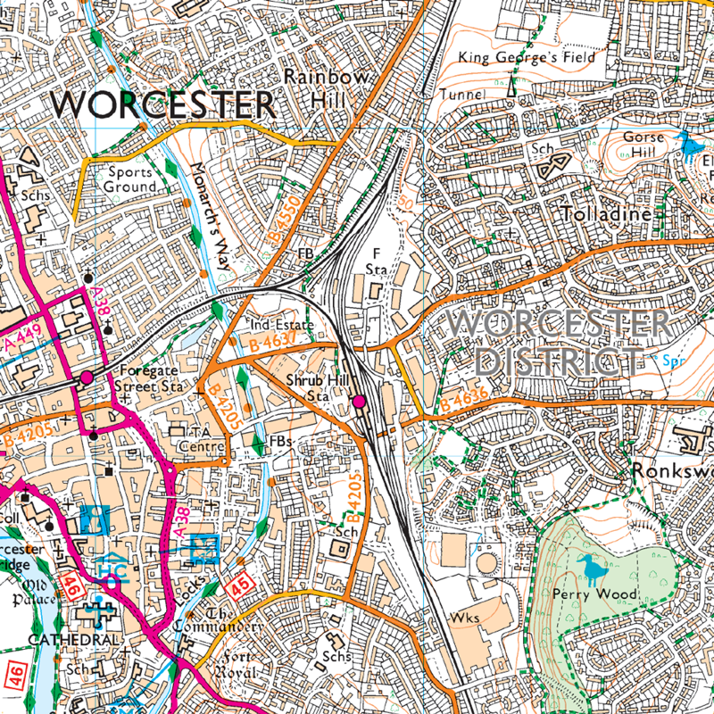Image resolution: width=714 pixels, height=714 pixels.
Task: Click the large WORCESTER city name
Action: (162, 104)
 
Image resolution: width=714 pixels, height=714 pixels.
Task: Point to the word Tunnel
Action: (462, 95)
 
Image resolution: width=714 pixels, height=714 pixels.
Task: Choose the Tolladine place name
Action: (603, 215)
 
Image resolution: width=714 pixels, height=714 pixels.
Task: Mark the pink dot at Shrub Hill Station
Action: (360, 403)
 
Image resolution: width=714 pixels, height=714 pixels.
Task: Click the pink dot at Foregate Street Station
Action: (87, 378)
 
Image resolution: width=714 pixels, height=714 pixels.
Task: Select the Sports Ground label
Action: (131, 178)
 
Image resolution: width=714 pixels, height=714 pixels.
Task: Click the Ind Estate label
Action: (282, 324)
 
